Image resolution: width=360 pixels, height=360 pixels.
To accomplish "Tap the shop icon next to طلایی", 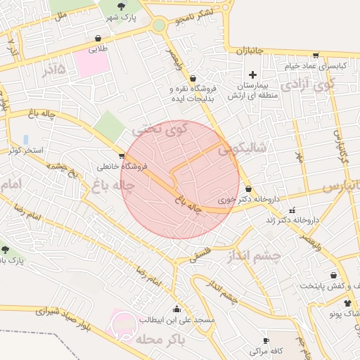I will click(97, 39).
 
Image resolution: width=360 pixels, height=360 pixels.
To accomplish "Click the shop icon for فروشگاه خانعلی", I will click(122, 156).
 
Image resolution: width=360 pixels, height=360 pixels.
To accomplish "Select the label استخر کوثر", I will click(27, 150).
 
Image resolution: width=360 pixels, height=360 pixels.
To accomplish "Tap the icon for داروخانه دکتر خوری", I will click(249, 188).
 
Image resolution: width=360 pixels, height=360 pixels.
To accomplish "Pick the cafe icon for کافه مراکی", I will click(266, 340).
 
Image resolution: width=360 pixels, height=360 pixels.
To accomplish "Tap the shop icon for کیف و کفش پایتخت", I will click(333, 276).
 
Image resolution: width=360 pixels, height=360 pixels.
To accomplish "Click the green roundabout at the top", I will click(159, 26).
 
